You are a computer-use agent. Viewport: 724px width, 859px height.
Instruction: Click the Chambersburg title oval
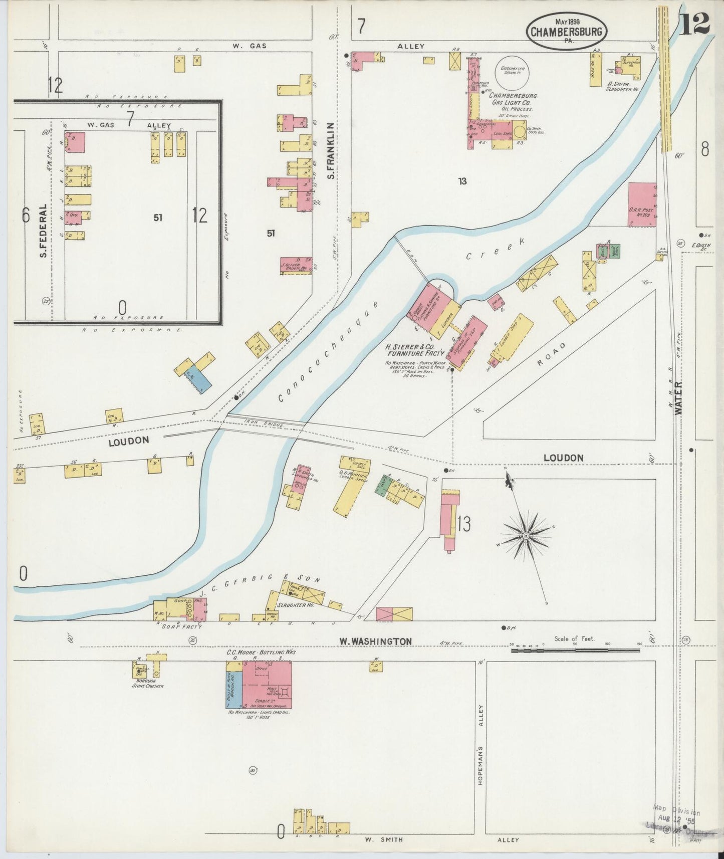point(567,32)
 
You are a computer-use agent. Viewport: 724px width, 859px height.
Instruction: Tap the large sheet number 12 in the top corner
point(695,22)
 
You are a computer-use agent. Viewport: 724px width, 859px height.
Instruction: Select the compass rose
point(526,536)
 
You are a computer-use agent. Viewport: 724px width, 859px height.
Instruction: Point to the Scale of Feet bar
point(575,650)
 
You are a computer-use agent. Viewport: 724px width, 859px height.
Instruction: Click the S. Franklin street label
point(330,150)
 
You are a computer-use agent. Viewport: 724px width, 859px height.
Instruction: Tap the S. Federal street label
point(44,231)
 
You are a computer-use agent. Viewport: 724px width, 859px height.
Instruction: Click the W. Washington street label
point(375,641)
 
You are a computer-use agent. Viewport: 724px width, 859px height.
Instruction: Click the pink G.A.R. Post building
point(642,204)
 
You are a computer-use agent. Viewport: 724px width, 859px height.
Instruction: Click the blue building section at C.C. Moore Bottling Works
point(234,689)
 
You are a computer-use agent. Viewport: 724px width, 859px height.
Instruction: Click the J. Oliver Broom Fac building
point(296,266)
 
